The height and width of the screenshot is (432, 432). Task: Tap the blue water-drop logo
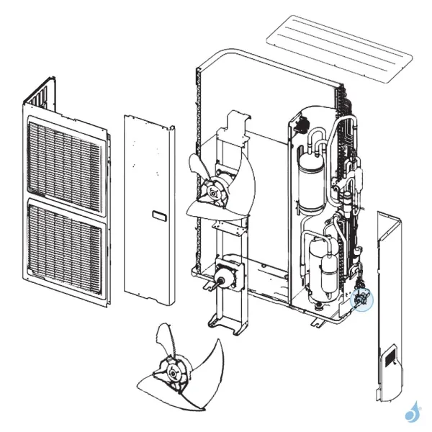413,412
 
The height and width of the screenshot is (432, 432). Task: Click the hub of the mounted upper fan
214,191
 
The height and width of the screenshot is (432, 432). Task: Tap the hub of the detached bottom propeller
174,372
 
